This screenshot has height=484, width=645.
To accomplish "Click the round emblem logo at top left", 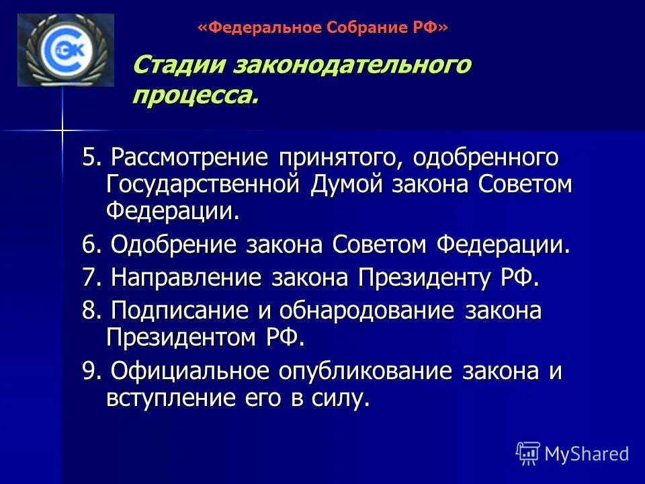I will click(x=65, y=50).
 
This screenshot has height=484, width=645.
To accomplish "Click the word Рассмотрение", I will click(x=190, y=159).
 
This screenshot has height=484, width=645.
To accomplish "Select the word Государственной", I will click(x=205, y=185).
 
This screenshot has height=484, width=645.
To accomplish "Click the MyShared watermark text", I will click(x=586, y=454).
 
